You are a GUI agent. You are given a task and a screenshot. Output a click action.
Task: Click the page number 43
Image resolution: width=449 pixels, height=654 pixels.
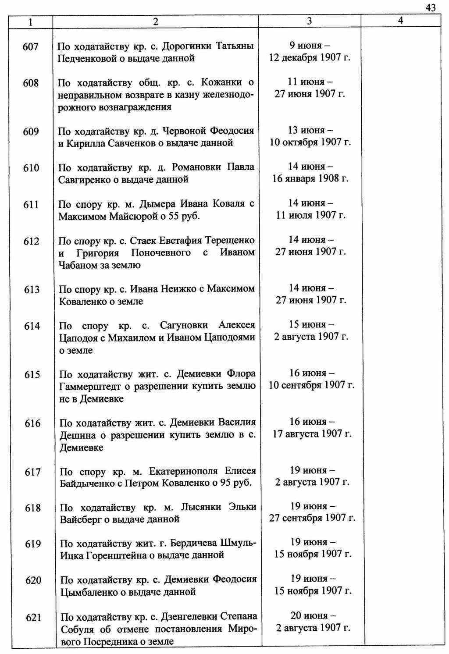click(430, 7)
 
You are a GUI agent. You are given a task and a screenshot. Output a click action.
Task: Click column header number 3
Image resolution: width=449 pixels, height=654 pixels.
click(309, 21)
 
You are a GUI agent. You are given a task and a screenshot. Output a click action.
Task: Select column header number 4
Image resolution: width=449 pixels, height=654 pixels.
click(400, 21)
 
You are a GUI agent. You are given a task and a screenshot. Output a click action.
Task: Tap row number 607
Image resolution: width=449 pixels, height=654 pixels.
click(30, 46)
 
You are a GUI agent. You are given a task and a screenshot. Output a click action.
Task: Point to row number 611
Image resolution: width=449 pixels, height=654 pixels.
click(31, 205)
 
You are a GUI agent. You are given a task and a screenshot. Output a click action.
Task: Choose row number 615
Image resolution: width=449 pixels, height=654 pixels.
click(32, 375)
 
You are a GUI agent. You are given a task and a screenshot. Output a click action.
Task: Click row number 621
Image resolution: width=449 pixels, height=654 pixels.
click(33, 618)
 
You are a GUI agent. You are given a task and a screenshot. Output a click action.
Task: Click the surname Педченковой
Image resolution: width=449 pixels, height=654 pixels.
click(87, 58)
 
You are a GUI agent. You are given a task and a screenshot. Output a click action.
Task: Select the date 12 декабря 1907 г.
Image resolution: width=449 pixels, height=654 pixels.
click(310, 58)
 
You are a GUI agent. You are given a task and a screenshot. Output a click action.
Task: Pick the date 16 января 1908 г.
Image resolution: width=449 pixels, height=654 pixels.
click(310, 179)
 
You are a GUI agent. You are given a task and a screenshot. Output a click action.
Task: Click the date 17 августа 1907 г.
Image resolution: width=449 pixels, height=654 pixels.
click(312, 434)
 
